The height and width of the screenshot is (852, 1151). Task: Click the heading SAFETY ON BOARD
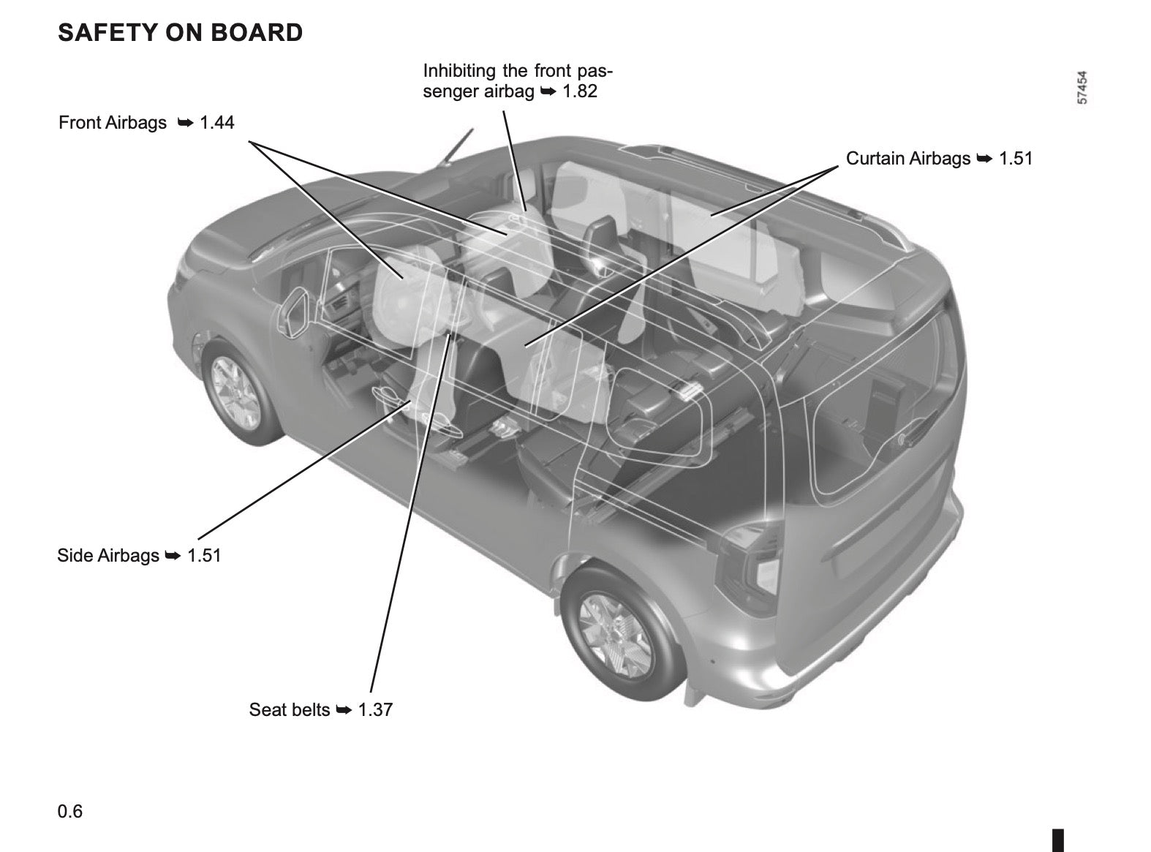click(180, 33)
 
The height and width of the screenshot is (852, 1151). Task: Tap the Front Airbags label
click(113, 123)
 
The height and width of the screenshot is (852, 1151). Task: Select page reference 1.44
click(217, 123)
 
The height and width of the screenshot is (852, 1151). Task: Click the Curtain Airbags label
click(908, 159)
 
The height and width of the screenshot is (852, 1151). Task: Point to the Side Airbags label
click(107, 556)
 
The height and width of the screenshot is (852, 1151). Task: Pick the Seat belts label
click(290, 710)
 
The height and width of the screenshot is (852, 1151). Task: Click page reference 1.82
click(580, 91)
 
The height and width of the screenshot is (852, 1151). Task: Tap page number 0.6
click(70, 811)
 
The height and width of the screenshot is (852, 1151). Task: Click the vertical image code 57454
click(1082, 87)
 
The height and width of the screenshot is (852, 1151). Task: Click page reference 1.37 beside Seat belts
click(375, 710)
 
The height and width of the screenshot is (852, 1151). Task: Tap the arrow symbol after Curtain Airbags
click(985, 159)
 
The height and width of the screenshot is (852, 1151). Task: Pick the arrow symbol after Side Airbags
click(173, 556)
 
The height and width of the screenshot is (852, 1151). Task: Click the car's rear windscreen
click(878, 417)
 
